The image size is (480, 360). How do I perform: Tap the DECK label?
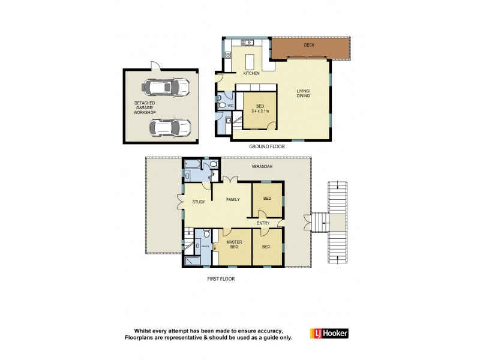(308, 44)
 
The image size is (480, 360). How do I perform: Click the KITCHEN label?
(251, 74)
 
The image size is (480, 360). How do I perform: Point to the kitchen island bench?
(251, 61)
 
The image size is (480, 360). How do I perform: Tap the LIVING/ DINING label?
(305, 95)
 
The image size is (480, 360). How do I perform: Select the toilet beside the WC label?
(222, 106)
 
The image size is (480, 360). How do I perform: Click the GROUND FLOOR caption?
(266, 146)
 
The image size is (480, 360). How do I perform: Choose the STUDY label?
(199, 202)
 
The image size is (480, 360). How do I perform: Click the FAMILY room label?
(232, 201)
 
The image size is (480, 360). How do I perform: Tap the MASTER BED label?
(233, 245)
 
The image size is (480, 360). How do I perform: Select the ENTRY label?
(263, 223)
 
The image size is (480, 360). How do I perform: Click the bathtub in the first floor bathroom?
(195, 163)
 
